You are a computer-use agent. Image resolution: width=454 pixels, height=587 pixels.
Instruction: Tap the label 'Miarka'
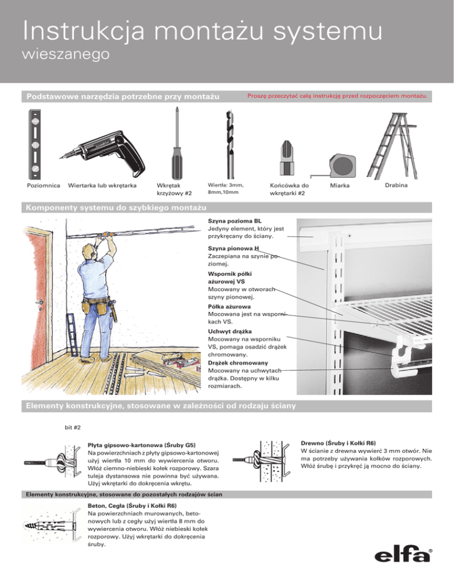340,186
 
